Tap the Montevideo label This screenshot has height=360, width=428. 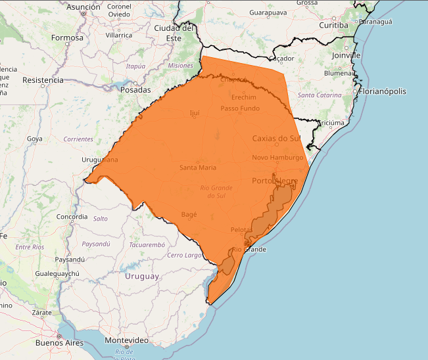coord(127,340)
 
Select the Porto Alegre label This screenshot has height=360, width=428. coord(275,181)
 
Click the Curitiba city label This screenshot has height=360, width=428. coord(333,25)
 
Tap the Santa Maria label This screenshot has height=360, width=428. coord(198,168)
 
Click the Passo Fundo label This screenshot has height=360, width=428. coord(240,108)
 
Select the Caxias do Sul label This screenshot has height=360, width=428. coord(276,138)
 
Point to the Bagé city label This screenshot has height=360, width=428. coord(189,215)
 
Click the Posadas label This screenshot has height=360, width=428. coord(136,90)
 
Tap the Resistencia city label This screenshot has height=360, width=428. coord(43,80)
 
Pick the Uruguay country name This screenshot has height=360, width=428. coord(142,277)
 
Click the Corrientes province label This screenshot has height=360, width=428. coord(78,139)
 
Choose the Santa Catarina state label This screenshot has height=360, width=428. coord(320,95)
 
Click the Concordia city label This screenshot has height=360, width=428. coord(72,217)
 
